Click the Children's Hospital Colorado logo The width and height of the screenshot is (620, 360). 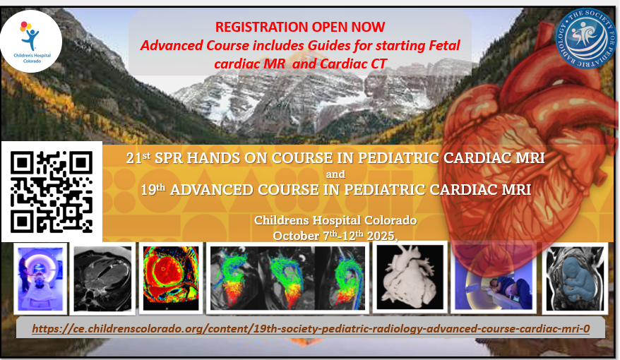pyautogui.click(x=31, y=42)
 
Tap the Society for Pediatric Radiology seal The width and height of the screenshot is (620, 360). pyautogui.click(x=586, y=39)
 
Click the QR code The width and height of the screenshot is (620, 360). pyautogui.click(x=52, y=192)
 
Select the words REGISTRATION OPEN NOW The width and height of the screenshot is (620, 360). pyautogui.click(x=300, y=27)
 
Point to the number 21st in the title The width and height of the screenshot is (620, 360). pyautogui.click(x=138, y=157)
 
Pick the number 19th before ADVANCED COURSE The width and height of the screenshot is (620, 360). pyautogui.click(x=153, y=189)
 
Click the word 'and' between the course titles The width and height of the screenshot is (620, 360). pyautogui.click(x=335, y=174)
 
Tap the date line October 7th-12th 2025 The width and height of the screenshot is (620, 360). pyautogui.click(x=335, y=236)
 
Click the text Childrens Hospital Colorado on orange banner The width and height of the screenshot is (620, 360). pyautogui.click(x=335, y=220)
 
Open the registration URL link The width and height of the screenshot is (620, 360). pyautogui.click(x=311, y=328)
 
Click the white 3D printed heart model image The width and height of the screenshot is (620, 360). pyautogui.click(x=410, y=277)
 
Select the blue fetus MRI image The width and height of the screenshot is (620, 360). pyautogui.click(x=576, y=278)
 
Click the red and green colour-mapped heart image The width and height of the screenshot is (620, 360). pyautogui.click(x=171, y=278)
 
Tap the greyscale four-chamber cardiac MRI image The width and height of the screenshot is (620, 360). pyautogui.click(x=103, y=279)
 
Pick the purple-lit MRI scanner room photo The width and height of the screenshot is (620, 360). pyautogui.click(x=40, y=279)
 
